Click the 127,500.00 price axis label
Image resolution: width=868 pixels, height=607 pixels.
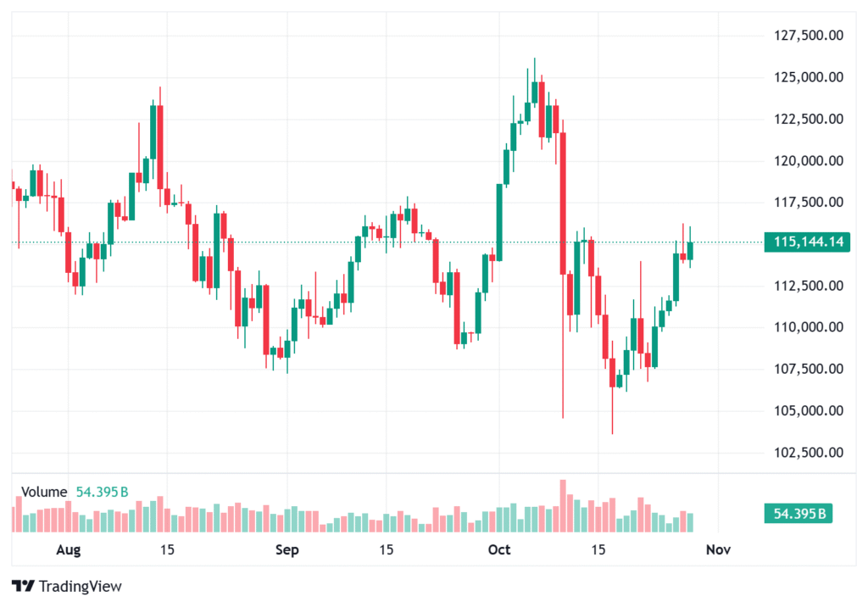(809, 36)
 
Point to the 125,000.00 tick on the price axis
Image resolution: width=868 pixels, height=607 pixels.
(809, 77)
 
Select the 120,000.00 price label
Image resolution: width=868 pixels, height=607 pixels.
(809, 160)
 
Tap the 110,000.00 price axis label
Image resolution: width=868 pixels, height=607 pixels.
(809, 327)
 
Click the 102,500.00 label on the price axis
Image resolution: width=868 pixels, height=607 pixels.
(809, 452)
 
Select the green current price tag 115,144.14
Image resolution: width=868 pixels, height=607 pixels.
(809, 242)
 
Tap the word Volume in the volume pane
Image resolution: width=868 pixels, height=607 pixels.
(44, 492)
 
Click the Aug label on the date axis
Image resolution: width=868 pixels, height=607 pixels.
(68, 550)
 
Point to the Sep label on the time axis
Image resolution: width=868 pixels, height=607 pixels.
(287, 550)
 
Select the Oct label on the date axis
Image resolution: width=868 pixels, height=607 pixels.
(499, 550)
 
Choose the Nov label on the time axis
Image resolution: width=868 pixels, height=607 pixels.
(718, 550)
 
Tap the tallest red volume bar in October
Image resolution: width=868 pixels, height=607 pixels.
(562, 506)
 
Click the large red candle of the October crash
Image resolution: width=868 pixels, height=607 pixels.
(562, 203)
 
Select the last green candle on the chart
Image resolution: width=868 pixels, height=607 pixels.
(690, 251)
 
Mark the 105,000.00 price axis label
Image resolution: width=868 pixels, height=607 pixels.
(809, 410)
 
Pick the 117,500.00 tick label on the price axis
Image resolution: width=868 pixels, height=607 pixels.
(809, 202)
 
